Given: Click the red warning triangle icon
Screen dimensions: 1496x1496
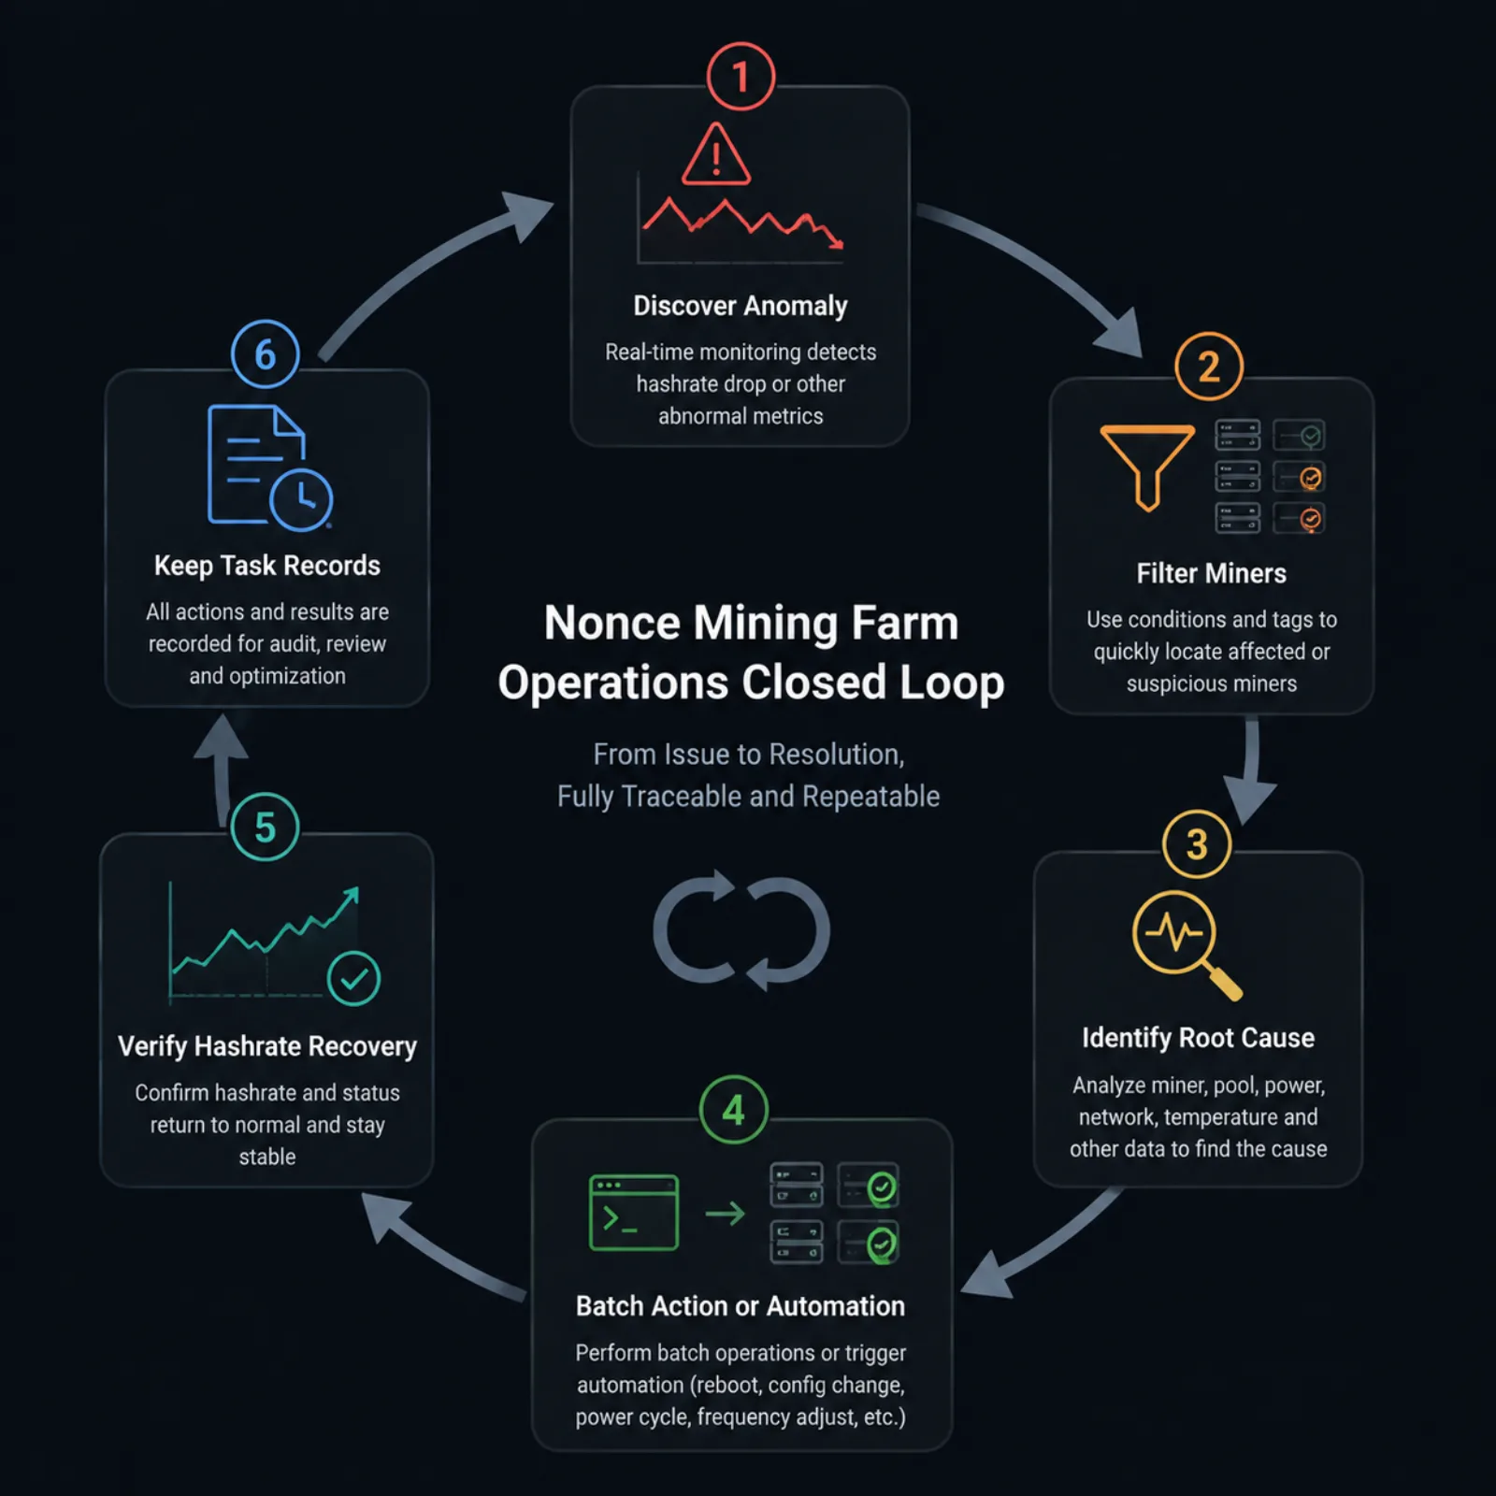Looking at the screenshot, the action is coord(716,154).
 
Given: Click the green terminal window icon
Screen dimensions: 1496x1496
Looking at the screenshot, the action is coord(634,1213).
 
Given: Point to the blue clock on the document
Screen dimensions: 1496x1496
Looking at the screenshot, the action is coord(301,499).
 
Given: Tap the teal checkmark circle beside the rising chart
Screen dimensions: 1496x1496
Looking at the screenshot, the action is coord(353,979).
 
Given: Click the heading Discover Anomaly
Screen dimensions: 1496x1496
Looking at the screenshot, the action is coord(741,306).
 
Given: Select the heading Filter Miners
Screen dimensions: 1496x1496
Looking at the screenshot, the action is coord(1212,573).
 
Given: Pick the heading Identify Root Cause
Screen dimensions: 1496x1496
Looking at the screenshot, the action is coord(1198,1038).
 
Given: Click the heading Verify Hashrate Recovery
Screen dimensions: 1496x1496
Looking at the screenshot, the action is coord(267,1046).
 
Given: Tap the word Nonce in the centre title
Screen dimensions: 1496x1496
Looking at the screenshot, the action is coord(611,623).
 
